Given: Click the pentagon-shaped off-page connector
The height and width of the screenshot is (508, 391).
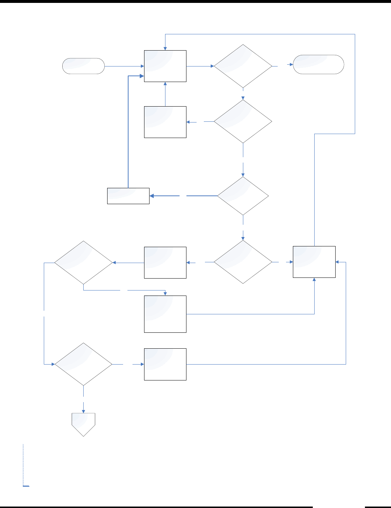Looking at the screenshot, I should coord(84,424).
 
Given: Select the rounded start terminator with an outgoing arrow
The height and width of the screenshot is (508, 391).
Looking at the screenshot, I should coord(83,66).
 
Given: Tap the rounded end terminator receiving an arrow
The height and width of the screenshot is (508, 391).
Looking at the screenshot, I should coord(318,65).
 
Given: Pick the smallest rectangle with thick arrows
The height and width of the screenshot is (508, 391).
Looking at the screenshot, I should coord(128,196).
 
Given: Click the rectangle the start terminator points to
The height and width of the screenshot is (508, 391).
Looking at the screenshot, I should coord(165,66).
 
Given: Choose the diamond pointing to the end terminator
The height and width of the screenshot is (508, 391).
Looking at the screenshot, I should coord(243,66).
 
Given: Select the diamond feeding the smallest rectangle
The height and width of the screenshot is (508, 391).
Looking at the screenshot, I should coord(243,196).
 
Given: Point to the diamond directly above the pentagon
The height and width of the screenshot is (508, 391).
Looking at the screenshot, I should coord(83,364).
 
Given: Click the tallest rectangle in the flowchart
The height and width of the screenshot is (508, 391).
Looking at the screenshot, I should coord(165,314).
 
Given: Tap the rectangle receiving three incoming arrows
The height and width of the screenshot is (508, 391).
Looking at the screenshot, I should coord(314,262).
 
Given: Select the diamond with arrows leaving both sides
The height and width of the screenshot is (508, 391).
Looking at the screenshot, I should coord(243,262).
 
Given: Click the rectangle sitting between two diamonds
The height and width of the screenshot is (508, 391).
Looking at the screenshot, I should coord(165,263).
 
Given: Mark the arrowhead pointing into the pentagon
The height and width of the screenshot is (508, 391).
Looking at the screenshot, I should coord(84,411).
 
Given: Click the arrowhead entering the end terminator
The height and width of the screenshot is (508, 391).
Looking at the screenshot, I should coord(291,65).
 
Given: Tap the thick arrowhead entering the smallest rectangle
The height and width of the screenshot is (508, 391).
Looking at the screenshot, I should coord(152,196).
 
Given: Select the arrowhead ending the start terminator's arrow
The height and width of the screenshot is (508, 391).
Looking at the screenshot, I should coord(142,66).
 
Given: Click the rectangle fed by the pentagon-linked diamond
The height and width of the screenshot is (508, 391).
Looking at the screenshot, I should coord(165,364).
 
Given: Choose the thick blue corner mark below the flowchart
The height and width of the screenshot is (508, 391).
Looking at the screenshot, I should coord(26,486).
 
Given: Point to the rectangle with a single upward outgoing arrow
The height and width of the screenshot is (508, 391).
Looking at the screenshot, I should coord(165,122).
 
